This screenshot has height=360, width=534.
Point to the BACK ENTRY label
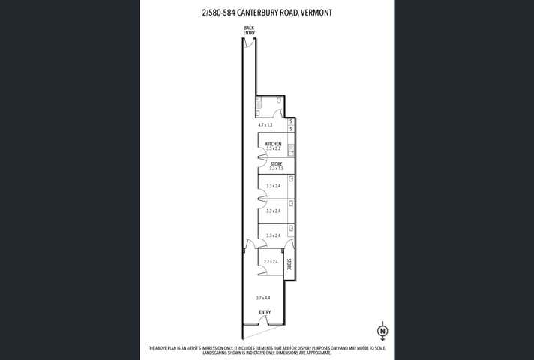coord(249,30)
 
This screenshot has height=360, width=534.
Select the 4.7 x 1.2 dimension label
coord(265,125)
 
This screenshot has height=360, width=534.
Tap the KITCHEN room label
coord(273,143)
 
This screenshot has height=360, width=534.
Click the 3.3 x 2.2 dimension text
coord(273,148)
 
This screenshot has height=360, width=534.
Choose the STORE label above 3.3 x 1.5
coord(275,163)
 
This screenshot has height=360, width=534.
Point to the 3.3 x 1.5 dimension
coord(275,169)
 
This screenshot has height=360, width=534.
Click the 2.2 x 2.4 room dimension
coord(271,261)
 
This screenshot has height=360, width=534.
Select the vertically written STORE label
coord(289,264)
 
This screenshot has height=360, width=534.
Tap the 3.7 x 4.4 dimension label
coord(263,298)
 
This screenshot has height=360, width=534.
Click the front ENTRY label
coord(265,312)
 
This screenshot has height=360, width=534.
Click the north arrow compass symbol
coord(382,330)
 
